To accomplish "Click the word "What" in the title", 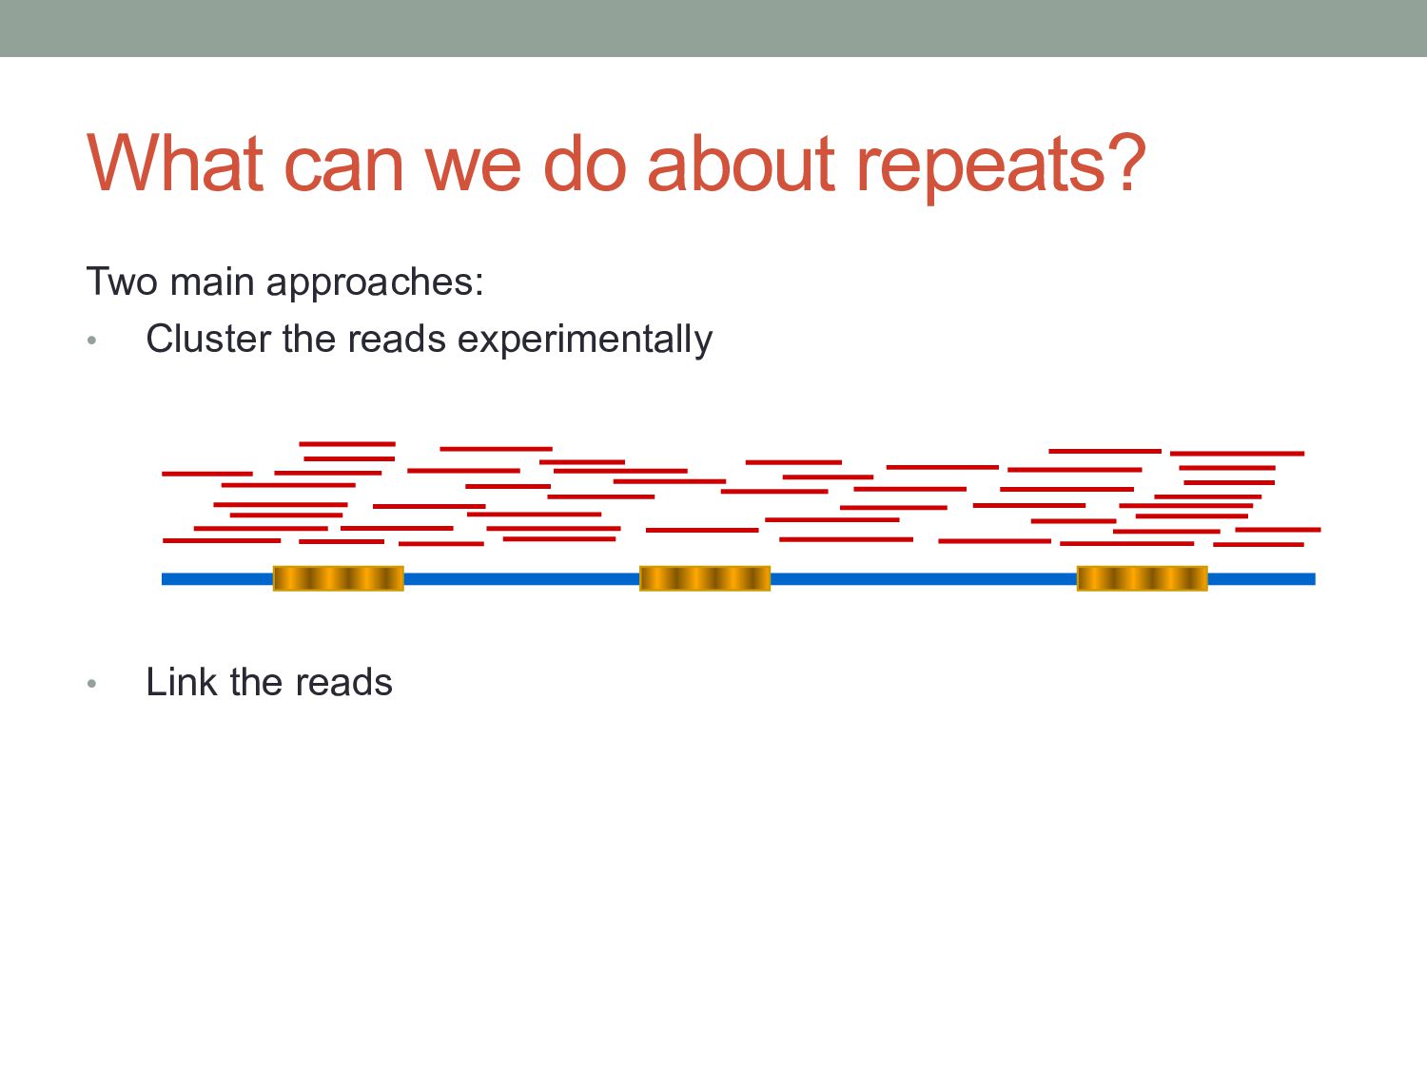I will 174,164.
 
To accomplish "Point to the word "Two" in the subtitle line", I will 121,282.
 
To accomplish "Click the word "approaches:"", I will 375,283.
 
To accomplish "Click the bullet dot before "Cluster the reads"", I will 91,340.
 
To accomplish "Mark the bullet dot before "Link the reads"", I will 91,683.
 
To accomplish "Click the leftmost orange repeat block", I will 339,578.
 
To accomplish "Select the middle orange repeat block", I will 705,578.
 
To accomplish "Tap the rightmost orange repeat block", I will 1142,578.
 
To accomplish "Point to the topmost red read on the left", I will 346,443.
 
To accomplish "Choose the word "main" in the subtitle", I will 212,282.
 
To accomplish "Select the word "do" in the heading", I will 583,164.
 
